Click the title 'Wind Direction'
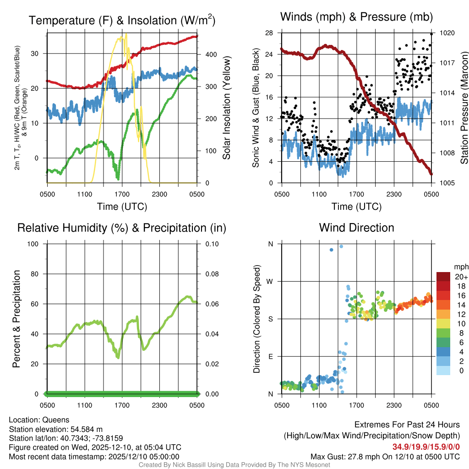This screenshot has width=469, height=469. coord(356,228)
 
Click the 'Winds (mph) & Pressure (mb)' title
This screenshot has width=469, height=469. coord(356,17)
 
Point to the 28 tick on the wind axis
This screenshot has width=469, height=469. coord(269,33)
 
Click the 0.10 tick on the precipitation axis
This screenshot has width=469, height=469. coord(212,244)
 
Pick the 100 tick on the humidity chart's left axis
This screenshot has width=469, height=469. coord(33,244)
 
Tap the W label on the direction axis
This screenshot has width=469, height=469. coord(270,282)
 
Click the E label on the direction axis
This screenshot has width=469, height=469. coord(270,356)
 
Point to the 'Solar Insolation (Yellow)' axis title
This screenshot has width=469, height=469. coord(226,108)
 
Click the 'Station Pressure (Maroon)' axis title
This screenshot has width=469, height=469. coord(464,108)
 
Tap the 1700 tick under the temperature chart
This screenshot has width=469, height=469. coord(122,194)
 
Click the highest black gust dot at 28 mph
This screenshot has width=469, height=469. coord(431,34)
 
